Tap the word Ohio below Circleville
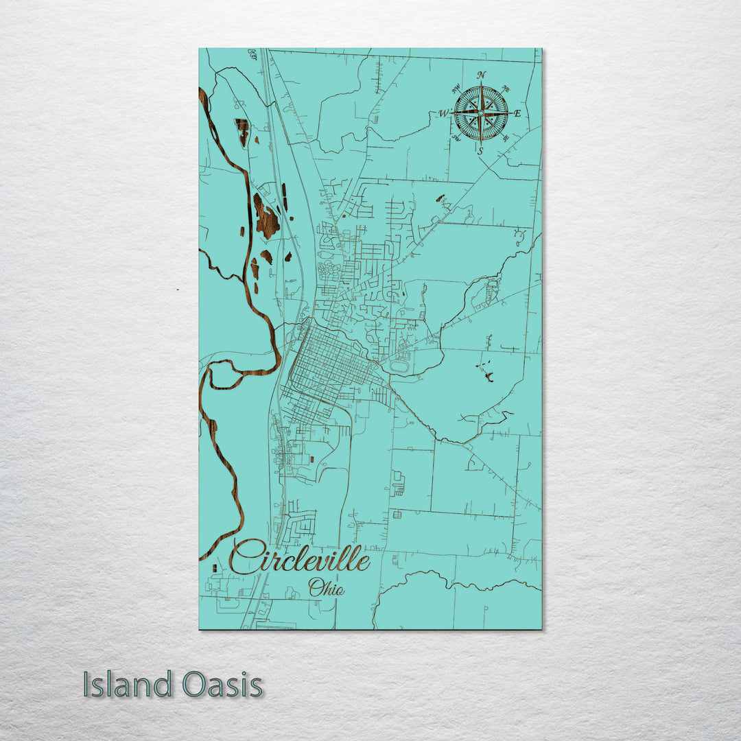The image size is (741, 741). (x=326, y=588)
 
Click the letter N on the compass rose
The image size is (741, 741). (x=482, y=75)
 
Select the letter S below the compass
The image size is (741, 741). (x=480, y=150)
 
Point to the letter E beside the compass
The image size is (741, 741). (x=517, y=113)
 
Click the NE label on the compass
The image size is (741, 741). (x=506, y=88)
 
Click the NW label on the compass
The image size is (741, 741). (x=456, y=88)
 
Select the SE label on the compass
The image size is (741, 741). (x=506, y=138)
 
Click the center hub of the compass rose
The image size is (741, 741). (x=481, y=112)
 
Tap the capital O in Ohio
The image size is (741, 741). (x=316, y=588)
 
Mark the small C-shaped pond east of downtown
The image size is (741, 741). (x=490, y=376)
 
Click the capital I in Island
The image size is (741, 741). (x=86, y=685)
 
